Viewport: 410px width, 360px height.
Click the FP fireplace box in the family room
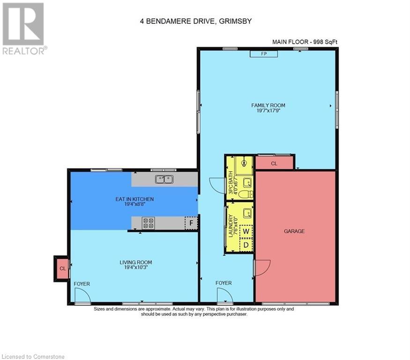(x=263, y=54)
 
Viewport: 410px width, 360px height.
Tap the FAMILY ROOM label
(x=268, y=105)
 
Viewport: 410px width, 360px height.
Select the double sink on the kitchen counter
(x=164, y=179)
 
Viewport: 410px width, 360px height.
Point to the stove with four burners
(x=149, y=223)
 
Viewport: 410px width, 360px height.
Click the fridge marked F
(x=191, y=223)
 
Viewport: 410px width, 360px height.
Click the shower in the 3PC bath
(x=244, y=164)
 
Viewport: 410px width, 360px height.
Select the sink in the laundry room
(x=246, y=213)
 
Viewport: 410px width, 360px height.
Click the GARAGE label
(x=294, y=231)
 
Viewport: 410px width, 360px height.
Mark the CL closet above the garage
(x=274, y=164)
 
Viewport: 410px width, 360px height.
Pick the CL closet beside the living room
(x=62, y=269)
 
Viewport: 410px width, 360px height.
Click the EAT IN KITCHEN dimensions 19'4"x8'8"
(x=134, y=204)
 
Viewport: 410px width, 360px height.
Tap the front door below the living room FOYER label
(x=82, y=296)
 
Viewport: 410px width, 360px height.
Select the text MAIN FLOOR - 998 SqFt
(x=305, y=42)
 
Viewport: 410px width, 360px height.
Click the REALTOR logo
(x=23, y=28)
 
